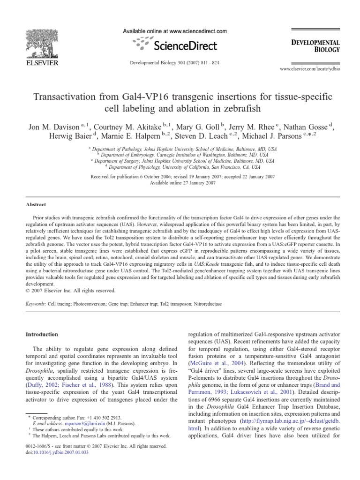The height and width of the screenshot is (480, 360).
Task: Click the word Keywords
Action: tap(36, 304)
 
